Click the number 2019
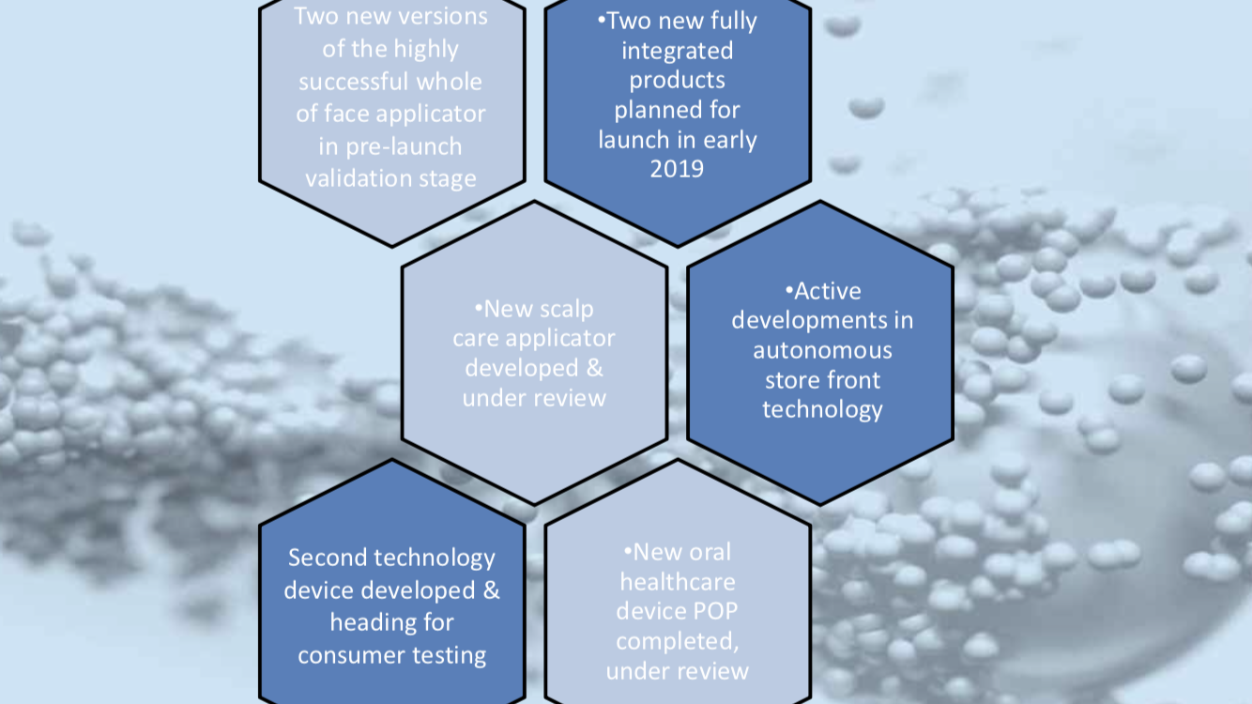pos(677,169)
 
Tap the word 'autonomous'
pos(822,351)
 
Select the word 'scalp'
pos(567,310)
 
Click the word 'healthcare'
pos(678,582)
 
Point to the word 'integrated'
pos(678,52)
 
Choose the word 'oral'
pos(710,553)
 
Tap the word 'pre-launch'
pos(404,147)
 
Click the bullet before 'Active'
pos(789,290)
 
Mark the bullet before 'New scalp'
pos(479,308)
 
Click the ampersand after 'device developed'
pos(491,590)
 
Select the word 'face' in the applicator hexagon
pos(346,115)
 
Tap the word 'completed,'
pos(678,641)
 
